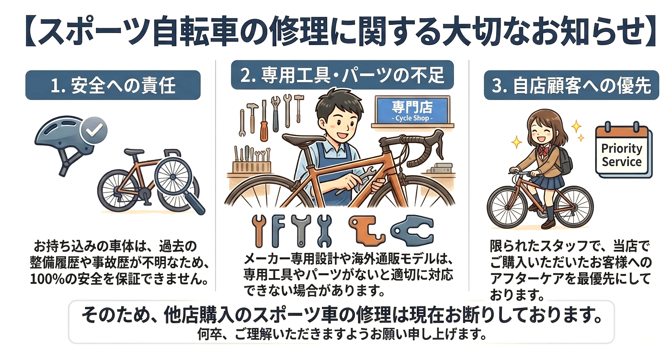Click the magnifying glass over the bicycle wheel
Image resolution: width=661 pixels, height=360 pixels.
(x=177, y=183)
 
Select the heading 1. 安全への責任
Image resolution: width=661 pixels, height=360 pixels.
(x=113, y=86)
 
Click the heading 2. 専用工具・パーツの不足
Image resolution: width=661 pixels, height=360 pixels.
(x=342, y=75)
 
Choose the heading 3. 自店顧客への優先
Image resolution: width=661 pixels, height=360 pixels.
(x=571, y=86)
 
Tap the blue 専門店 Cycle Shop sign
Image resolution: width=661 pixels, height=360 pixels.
(x=412, y=110)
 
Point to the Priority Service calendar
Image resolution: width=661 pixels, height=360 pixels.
(x=623, y=150)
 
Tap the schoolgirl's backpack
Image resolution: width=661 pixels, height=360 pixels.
(x=564, y=159)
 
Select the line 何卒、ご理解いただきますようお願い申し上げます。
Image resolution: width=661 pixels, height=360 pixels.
(x=342, y=334)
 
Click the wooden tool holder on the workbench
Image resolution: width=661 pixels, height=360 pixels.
(x=252, y=167)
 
